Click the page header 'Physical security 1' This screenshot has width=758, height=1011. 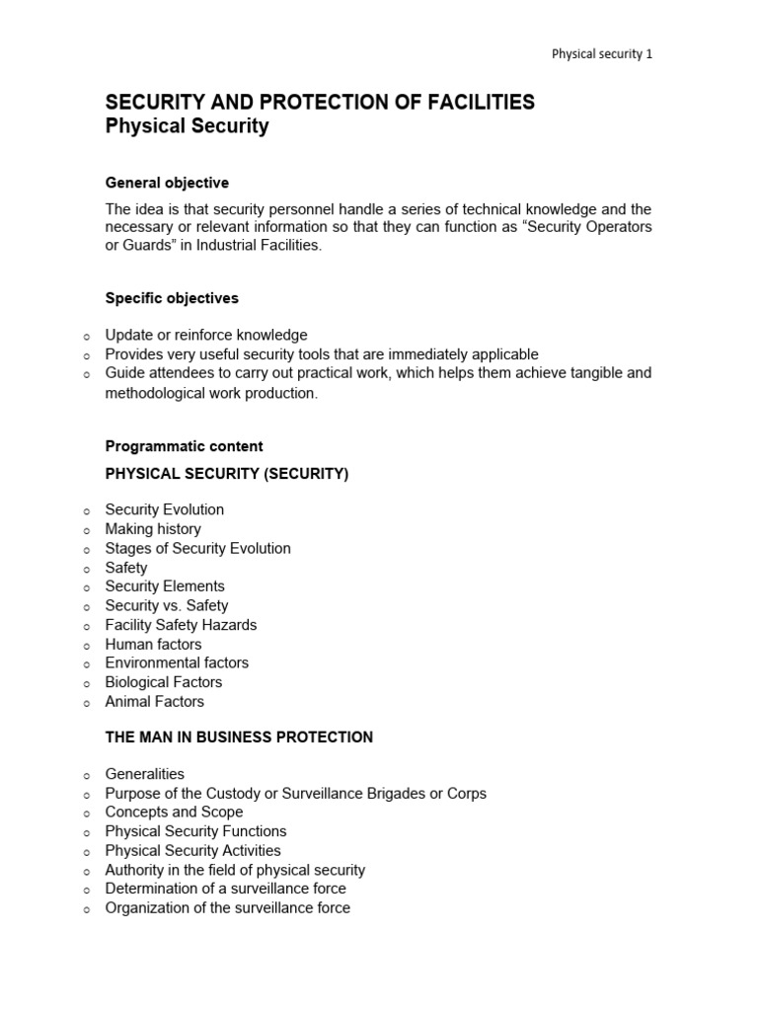[601, 54]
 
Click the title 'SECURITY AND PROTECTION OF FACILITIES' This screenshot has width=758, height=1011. [320, 103]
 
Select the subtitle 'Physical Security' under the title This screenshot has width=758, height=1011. [187, 126]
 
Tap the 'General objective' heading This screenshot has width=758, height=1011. [167, 183]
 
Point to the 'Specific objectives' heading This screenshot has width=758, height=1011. [172, 298]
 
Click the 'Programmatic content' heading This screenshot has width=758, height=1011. [184, 446]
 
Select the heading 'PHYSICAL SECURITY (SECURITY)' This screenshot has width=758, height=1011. [227, 474]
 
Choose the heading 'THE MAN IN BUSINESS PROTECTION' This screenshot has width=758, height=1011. [239, 737]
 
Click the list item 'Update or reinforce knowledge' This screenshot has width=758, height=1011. [206, 335]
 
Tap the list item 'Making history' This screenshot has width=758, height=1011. [153, 529]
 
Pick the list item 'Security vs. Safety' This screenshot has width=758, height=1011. [167, 605]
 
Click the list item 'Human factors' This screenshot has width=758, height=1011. [153, 644]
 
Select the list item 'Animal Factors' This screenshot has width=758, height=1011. [155, 701]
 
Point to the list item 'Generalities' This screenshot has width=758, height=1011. [145, 774]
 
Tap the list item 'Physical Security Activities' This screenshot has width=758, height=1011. [192, 850]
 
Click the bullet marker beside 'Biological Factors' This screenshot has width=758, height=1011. [86, 683]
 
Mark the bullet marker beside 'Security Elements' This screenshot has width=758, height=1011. [86, 587]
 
